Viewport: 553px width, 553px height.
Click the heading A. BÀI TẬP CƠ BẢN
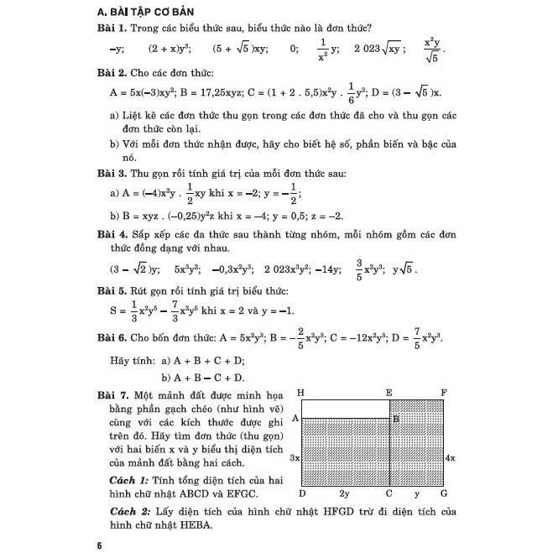(153, 13)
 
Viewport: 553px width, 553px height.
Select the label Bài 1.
(113, 29)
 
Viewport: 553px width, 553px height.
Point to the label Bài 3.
(113, 174)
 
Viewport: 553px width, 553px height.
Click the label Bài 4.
(113, 234)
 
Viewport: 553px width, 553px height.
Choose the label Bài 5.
(113, 291)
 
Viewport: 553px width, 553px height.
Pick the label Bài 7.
(114, 394)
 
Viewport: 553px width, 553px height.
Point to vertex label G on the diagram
(444, 493)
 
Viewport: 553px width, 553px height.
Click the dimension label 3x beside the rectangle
(295, 459)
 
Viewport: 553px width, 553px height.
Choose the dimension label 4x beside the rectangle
(451, 459)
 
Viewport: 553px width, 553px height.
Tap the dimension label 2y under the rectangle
(344, 494)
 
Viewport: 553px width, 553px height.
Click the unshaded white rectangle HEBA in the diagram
(344, 409)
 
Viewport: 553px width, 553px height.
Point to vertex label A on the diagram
(295, 417)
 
